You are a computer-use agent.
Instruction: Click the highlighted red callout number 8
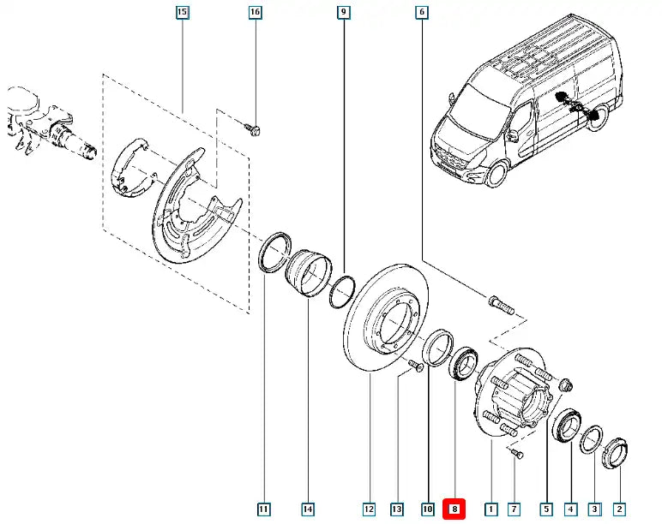pos(454,509)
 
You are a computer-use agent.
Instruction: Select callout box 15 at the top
pos(182,12)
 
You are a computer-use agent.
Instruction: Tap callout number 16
pos(255,12)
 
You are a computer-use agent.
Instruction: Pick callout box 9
pos(344,12)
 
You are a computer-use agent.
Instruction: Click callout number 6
pos(422,12)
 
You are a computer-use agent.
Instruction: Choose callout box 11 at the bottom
pos(263,509)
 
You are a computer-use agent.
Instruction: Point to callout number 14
pos(308,509)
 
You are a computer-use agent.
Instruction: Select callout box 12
pos(369,509)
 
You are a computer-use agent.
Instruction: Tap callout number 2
pos(619,509)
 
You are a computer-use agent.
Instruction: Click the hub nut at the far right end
pos(615,454)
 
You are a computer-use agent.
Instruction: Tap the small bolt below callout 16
pos(253,128)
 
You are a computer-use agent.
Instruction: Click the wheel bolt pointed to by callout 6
pos(501,305)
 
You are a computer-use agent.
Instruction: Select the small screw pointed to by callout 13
pos(416,366)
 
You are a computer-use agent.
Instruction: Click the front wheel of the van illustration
pos(496,173)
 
